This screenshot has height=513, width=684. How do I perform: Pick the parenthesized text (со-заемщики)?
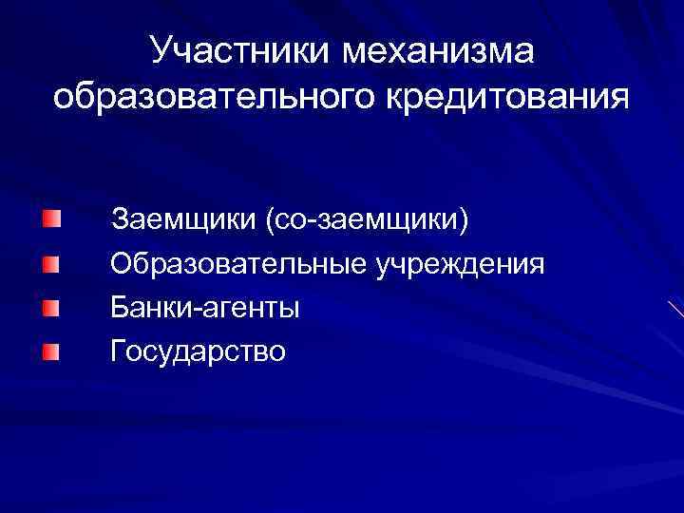pyautogui.click(x=367, y=219)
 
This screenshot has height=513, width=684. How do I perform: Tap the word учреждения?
pyautogui.click(x=460, y=263)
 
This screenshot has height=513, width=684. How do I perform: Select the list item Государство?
pyautogui.click(x=198, y=351)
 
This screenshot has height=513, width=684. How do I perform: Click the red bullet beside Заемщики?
pyautogui.click(x=50, y=219)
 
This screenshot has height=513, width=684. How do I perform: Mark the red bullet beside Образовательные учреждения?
pyautogui.click(x=50, y=263)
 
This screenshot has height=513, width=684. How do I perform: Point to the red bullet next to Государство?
pyautogui.click(x=50, y=352)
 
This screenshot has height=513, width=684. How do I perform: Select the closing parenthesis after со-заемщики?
pyautogui.click(x=465, y=220)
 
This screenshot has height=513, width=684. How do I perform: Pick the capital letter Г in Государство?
pyautogui.click(x=118, y=351)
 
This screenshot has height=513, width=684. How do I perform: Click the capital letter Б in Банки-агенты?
pyautogui.click(x=119, y=307)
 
